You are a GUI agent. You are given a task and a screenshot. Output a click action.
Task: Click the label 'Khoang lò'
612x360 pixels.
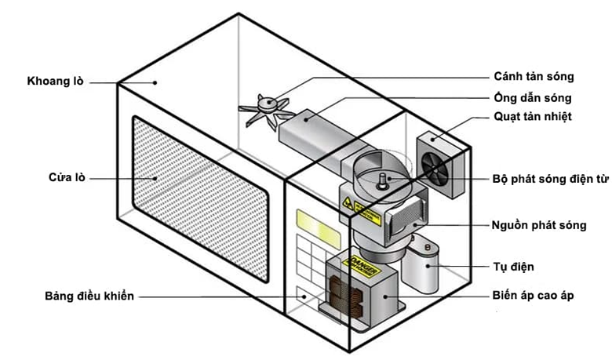click(x=56, y=81)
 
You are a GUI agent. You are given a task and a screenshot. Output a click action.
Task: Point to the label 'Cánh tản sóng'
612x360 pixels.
click(x=534, y=77)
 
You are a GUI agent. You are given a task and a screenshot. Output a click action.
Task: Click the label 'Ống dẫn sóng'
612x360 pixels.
click(x=533, y=98)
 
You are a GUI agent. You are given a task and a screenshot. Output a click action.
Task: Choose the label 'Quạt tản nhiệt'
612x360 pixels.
click(x=533, y=117)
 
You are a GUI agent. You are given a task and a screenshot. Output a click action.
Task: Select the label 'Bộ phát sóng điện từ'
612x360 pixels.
click(x=550, y=179)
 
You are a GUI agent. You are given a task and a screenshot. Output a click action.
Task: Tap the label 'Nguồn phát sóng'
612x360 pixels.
click(x=540, y=225)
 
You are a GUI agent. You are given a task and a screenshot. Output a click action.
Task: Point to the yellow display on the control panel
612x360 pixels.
click(x=308, y=221)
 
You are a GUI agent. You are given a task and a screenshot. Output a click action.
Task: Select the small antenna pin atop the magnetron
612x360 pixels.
click(x=380, y=180)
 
